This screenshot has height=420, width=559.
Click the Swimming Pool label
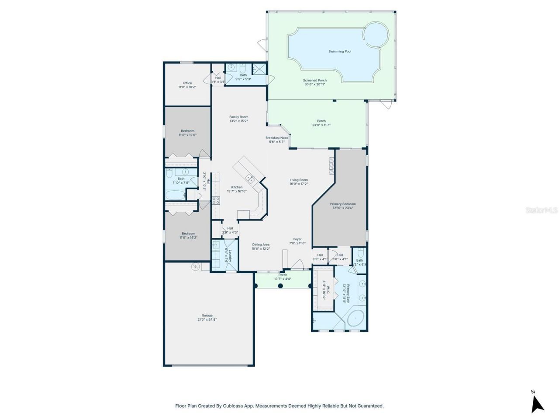[340, 52]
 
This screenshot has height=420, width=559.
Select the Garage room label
[207, 315]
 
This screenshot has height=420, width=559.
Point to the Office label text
[187, 83]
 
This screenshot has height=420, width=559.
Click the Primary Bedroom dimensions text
[343, 208]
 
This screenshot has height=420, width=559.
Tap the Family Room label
[239, 117]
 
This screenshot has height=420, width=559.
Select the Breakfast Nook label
[277, 138]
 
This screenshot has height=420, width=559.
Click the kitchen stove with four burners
[216, 200]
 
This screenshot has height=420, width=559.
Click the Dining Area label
[261, 245]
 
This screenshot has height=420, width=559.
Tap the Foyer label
[297, 239]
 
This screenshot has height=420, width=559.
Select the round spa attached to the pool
[376, 34]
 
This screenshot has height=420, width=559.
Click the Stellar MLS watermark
[542, 210]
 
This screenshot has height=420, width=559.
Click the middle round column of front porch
[281, 286]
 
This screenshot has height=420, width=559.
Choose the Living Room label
[299, 180]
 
